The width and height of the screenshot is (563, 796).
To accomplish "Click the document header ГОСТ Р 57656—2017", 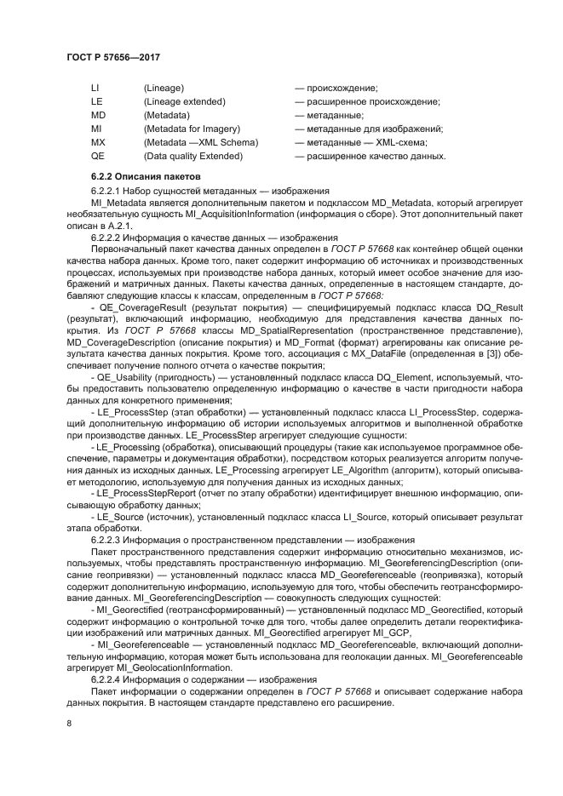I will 113,56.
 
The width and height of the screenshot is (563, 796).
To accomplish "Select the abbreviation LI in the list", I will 95,88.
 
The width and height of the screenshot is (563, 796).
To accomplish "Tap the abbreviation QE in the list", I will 98,156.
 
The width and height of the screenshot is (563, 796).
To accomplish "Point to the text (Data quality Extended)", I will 192,156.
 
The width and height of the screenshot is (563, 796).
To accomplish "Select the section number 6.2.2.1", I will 106,189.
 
